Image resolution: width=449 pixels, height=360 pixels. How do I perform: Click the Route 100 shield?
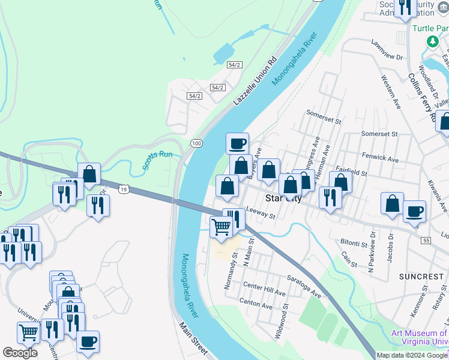click(196, 143)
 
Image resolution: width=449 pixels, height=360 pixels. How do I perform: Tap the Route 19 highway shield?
click(122, 188)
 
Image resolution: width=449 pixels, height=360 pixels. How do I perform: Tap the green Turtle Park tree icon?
click(432, 41)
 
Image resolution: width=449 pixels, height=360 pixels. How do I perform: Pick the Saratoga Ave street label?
click(302, 289)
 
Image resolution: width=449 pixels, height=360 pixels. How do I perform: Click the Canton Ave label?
click(256, 304)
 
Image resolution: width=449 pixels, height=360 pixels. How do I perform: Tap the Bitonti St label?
click(354, 244)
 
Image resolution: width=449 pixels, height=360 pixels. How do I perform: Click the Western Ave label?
click(390, 92)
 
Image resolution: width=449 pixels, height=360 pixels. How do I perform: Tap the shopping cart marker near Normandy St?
click(221, 227)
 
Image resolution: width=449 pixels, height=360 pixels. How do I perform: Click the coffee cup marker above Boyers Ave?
click(238, 143)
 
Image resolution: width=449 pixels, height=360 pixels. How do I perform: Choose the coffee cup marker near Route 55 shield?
click(414, 211)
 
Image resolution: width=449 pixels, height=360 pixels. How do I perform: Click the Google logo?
click(20, 353)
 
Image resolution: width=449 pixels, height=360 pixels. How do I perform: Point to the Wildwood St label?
click(280, 320)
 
